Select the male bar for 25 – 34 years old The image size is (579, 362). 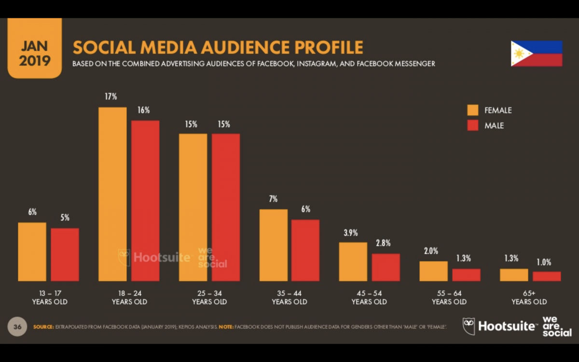[226, 207]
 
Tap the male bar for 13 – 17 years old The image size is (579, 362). [65, 254]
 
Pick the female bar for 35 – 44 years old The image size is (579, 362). [274, 245]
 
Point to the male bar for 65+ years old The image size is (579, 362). [547, 276]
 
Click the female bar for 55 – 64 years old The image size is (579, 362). [433, 271]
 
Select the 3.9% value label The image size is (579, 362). [351, 233]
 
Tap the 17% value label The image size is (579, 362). [111, 97]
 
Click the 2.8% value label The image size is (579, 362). [383, 243]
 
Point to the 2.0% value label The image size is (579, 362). [431, 251]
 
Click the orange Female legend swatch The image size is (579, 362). [472, 110]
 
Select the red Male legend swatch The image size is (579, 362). [472, 125]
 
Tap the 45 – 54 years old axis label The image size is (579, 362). [369, 298]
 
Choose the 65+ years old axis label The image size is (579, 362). [529, 298]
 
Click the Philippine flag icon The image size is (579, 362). [537, 53]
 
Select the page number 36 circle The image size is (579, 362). [17, 327]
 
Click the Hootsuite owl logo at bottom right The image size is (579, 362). [469, 326]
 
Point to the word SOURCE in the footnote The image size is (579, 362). [43, 327]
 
